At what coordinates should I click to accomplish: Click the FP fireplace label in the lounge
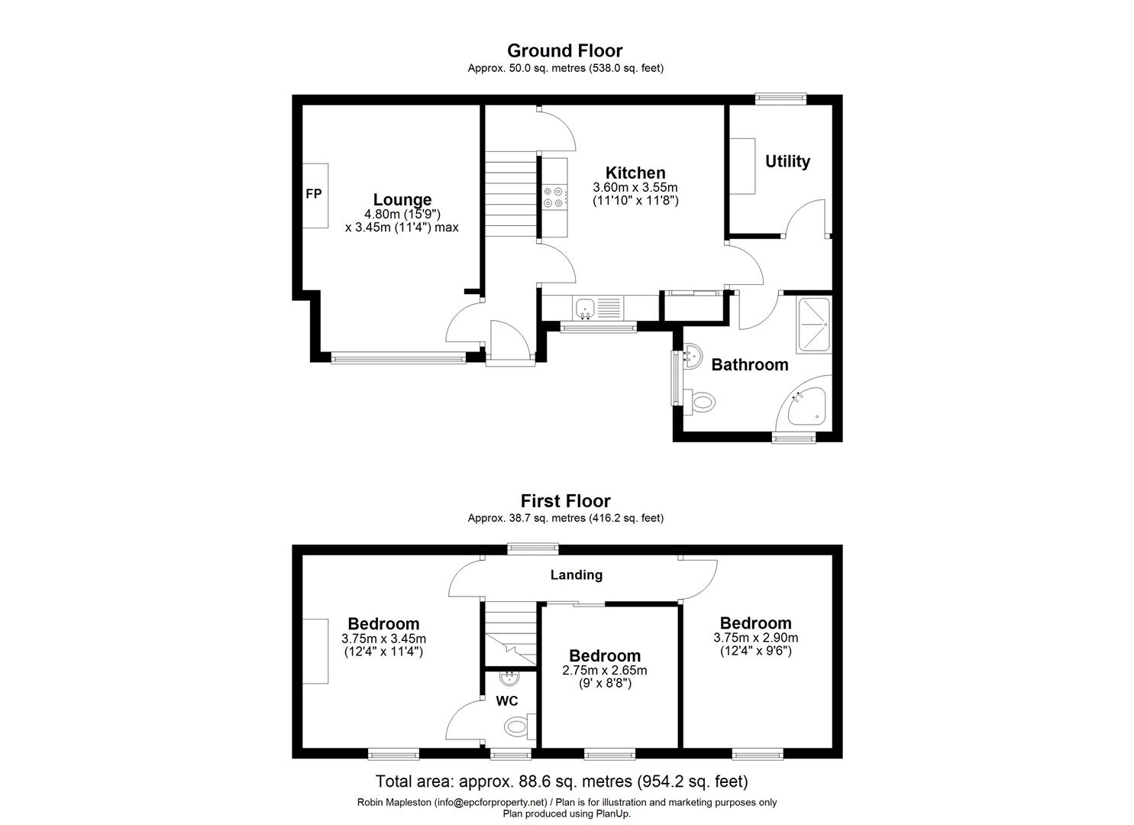[313, 194]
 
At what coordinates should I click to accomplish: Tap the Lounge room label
[402, 200]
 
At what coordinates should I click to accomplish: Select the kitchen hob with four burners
[554, 197]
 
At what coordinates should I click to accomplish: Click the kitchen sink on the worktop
[586, 308]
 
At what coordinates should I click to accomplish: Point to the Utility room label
[787, 161]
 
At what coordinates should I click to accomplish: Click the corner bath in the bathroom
[806, 406]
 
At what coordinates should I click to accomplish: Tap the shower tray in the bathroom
[814, 325]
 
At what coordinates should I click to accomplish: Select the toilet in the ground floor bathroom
[699, 401]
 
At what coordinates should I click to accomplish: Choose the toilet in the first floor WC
[519, 725]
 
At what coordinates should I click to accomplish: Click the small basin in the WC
[509, 678]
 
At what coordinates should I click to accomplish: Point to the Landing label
[577, 575]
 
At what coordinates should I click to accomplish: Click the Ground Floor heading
[565, 50]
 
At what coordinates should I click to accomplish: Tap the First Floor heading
[565, 501]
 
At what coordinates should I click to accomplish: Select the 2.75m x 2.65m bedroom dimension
[604, 671]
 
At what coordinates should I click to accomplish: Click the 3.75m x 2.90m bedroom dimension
[755, 638]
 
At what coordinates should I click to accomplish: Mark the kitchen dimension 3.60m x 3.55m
[635, 187]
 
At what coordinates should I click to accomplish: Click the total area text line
[561, 781]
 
